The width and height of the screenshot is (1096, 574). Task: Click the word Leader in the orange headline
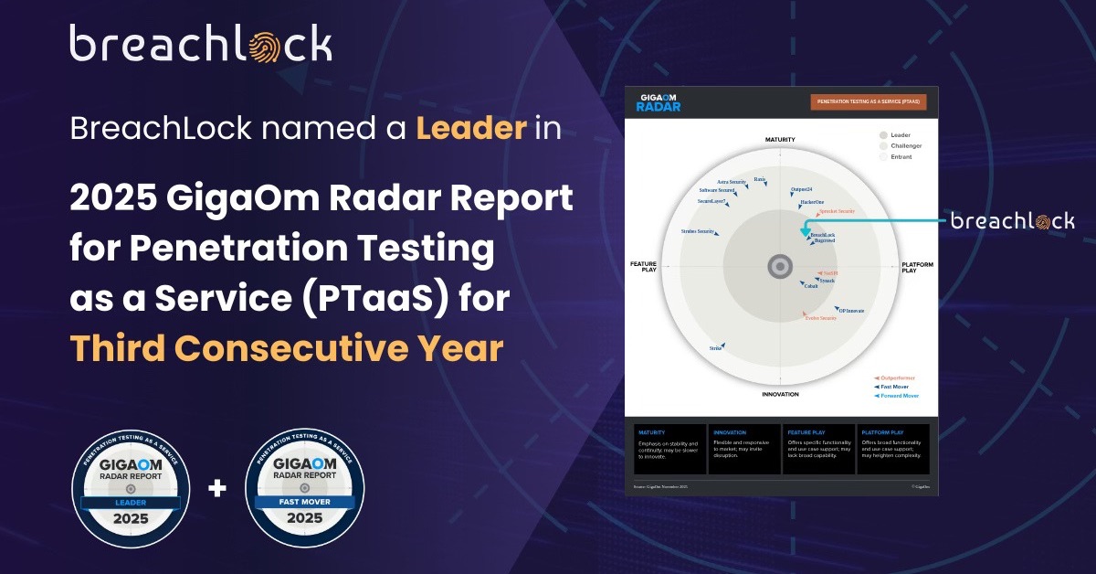tap(471, 129)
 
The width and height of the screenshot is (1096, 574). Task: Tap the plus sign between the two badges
tap(217, 489)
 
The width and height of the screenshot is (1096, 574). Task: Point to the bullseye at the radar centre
tap(779, 266)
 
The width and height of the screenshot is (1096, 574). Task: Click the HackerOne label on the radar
tap(812, 201)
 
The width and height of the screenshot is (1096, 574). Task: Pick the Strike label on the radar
tap(716, 348)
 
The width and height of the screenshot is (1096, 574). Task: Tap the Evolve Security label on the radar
tap(820, 318)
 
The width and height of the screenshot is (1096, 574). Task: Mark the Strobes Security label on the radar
tap(699, 231)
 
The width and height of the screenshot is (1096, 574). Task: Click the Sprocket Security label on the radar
tap(836, 211)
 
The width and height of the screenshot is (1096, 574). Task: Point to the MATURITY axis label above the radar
tap(780, 140)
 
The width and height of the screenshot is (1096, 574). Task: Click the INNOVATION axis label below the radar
tap(780, 394)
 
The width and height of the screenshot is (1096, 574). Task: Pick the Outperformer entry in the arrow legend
tap(896, 377)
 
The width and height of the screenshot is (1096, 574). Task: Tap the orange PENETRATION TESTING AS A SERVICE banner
tap(868, 102)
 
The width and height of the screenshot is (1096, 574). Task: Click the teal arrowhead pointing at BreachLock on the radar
tap(805, 233)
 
